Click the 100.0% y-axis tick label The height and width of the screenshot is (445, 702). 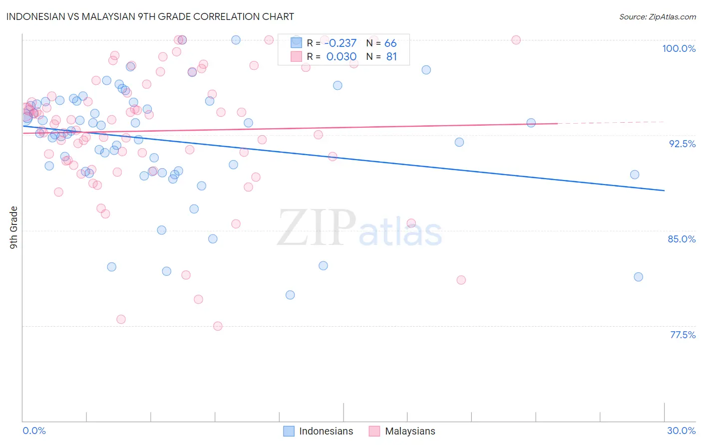(x=679, y=48)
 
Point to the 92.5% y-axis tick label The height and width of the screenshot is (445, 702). (x=682, y=144)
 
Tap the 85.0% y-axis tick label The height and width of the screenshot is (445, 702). (x=682, y=239)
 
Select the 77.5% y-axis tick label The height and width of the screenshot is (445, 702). (x=683, y=335)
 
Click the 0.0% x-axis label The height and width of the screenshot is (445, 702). (x=34, y=431)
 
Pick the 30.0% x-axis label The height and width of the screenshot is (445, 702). (x=681, y=431)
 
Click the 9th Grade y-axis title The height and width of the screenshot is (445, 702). (x=13, y=227)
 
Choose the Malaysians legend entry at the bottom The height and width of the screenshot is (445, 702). (x=402, y=431)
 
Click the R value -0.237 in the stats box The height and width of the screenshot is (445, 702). (x=340, y=43)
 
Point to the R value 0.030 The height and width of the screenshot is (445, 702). (x=341, y=57)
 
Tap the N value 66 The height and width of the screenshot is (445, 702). (x=390, y=43)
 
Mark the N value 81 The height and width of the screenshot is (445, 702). (x=391, y=57)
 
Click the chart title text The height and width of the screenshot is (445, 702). (x=150, y=16)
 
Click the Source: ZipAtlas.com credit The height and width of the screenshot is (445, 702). (x=657, y=16)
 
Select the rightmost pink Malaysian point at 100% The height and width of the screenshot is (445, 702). (x=516, y=40)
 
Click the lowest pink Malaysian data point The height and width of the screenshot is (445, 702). (x=218, y=326)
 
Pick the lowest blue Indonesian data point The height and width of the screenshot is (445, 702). (x=290, y=295)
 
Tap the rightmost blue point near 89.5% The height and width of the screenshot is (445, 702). (x=635, y=175)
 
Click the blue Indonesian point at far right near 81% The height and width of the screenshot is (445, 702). (x=638, y=277)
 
